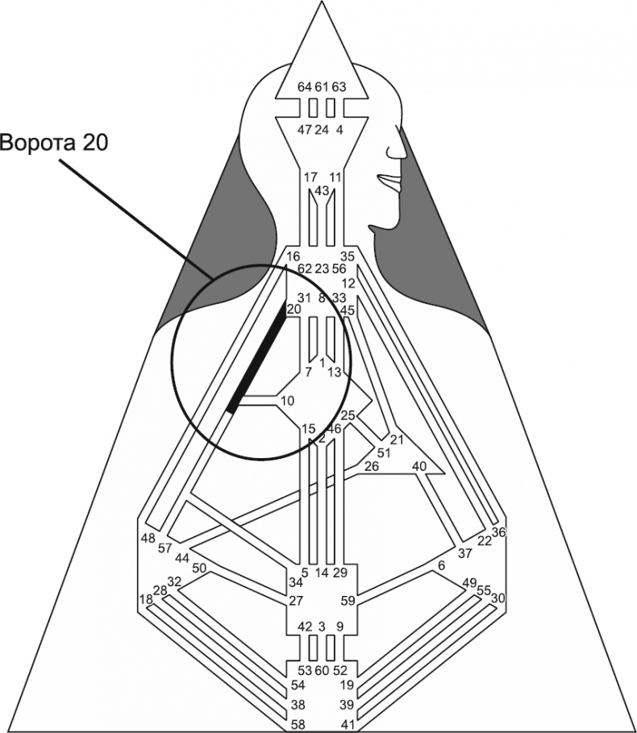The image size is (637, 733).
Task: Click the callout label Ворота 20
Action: point(53,143)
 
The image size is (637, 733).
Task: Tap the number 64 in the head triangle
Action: point(304,87)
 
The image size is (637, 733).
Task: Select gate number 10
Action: point(287,401)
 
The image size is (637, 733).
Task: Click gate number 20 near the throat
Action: point(294,308)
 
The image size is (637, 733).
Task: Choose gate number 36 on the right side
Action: point(498,532)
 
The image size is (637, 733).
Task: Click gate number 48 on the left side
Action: point(148,539)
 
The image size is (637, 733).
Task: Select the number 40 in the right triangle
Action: point(418,466)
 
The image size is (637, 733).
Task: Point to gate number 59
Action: point(348,601)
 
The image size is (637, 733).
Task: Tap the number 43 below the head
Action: point(322,191)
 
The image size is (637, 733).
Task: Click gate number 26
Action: point(372,467)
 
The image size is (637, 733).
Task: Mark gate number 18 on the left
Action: point(146,600)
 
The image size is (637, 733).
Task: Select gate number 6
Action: point(441,566)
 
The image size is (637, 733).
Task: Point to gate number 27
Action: point(295,601)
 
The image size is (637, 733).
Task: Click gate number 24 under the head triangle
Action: point(322,129)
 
